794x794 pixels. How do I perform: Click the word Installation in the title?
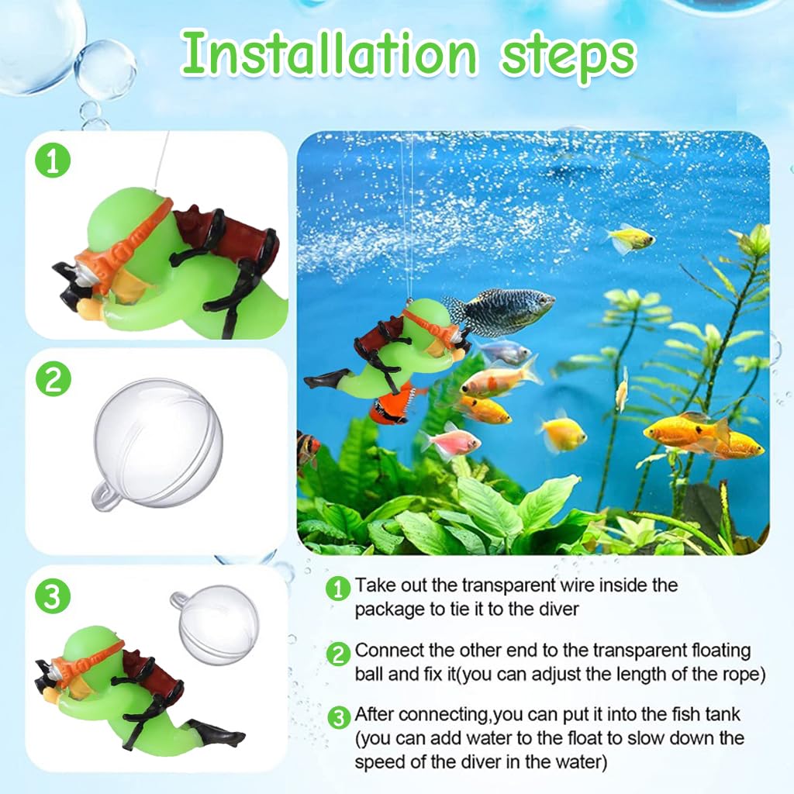(329, 54)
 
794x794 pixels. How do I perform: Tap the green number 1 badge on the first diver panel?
(54, 161)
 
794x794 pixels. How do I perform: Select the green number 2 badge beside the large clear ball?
(54, 380)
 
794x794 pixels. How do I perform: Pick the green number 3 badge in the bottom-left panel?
(54, 597)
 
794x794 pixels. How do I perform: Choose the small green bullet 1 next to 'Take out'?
(338, 589)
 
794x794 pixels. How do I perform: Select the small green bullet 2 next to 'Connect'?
(338, 654)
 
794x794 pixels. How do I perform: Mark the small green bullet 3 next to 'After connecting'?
(338, 718)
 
